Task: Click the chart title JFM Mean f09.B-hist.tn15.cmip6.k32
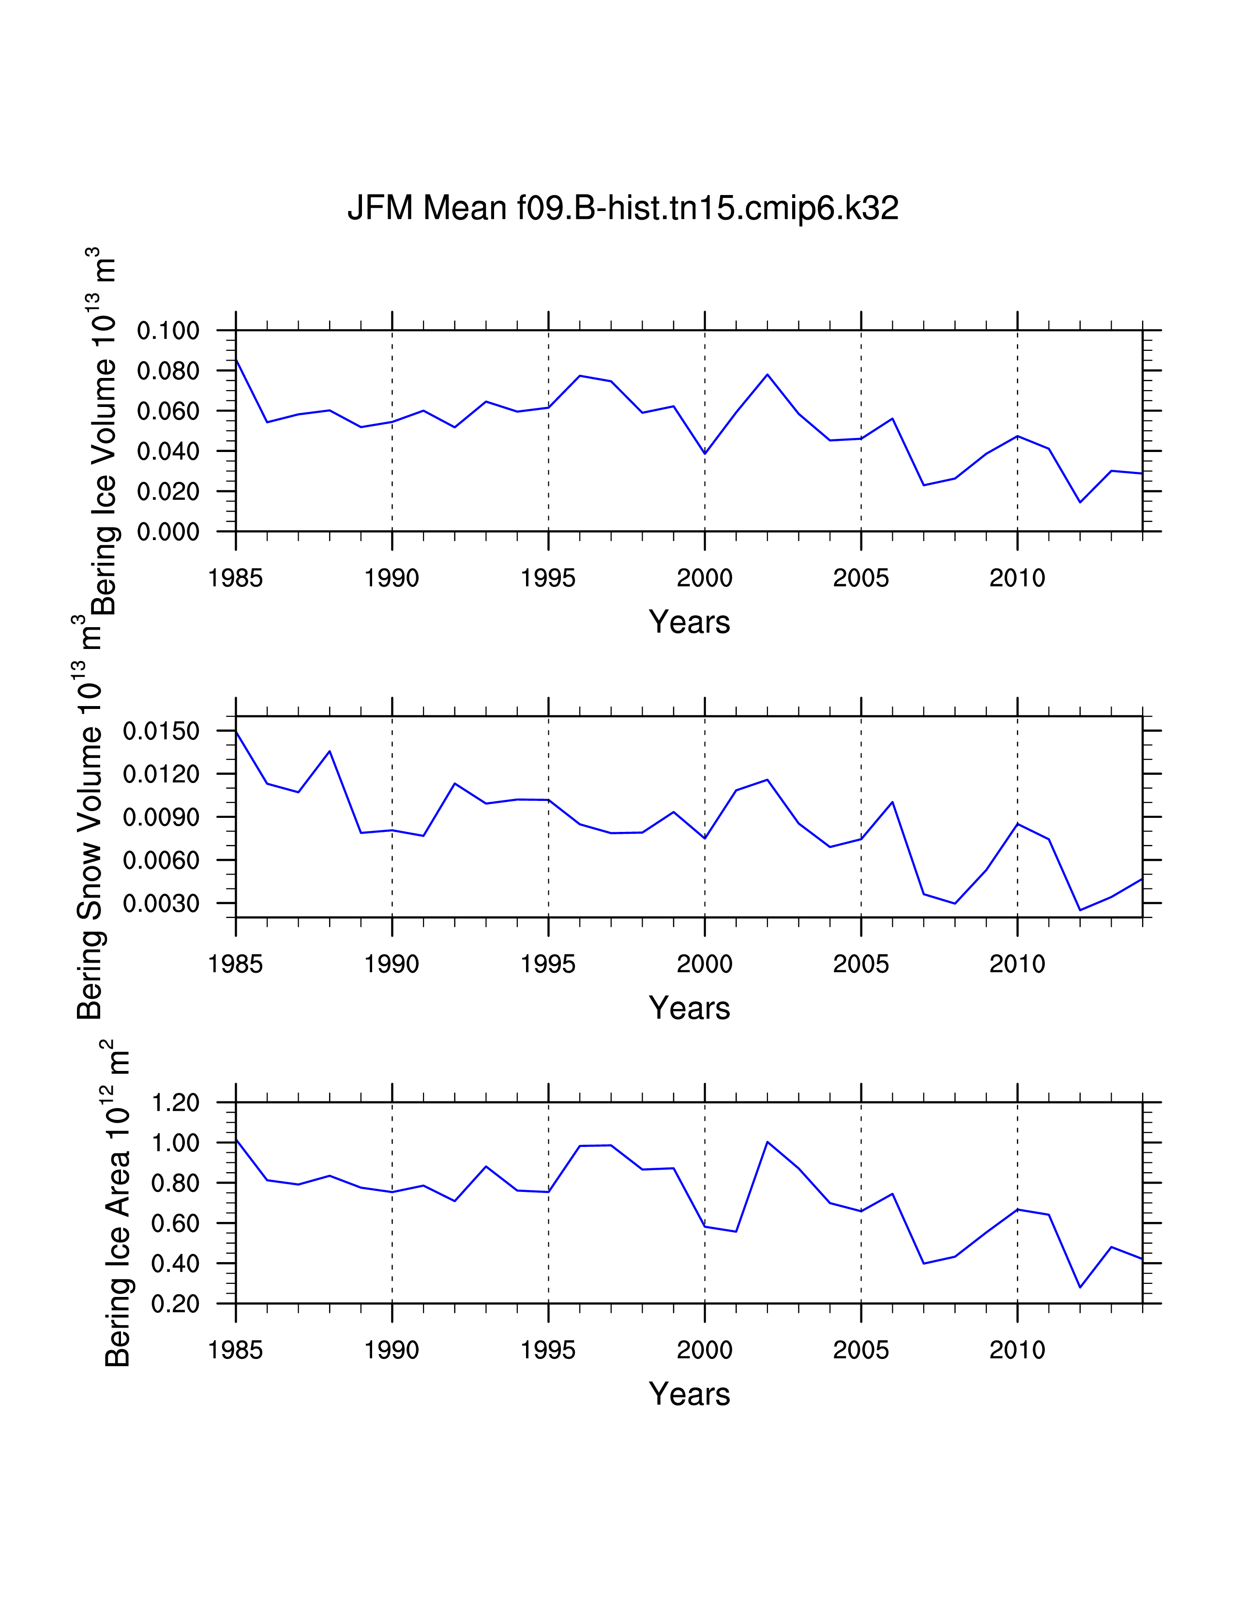click(x=622, y=209)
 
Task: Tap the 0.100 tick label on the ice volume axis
click(x=168, y=331)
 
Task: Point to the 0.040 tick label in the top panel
click(x=168, y=451)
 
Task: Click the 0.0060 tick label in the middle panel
click(x=161, y=860)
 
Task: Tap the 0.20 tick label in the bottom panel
click(x=176, y=1304)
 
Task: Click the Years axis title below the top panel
click(x=689, y=622)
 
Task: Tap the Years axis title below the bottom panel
click(x=689, y=1394)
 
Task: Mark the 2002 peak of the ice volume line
click(x=767, y=375)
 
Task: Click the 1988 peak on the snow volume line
click(x=330, y=751)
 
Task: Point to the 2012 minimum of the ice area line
click(x=1080, y=1287)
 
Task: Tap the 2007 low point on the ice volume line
click(x=923, y=485)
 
